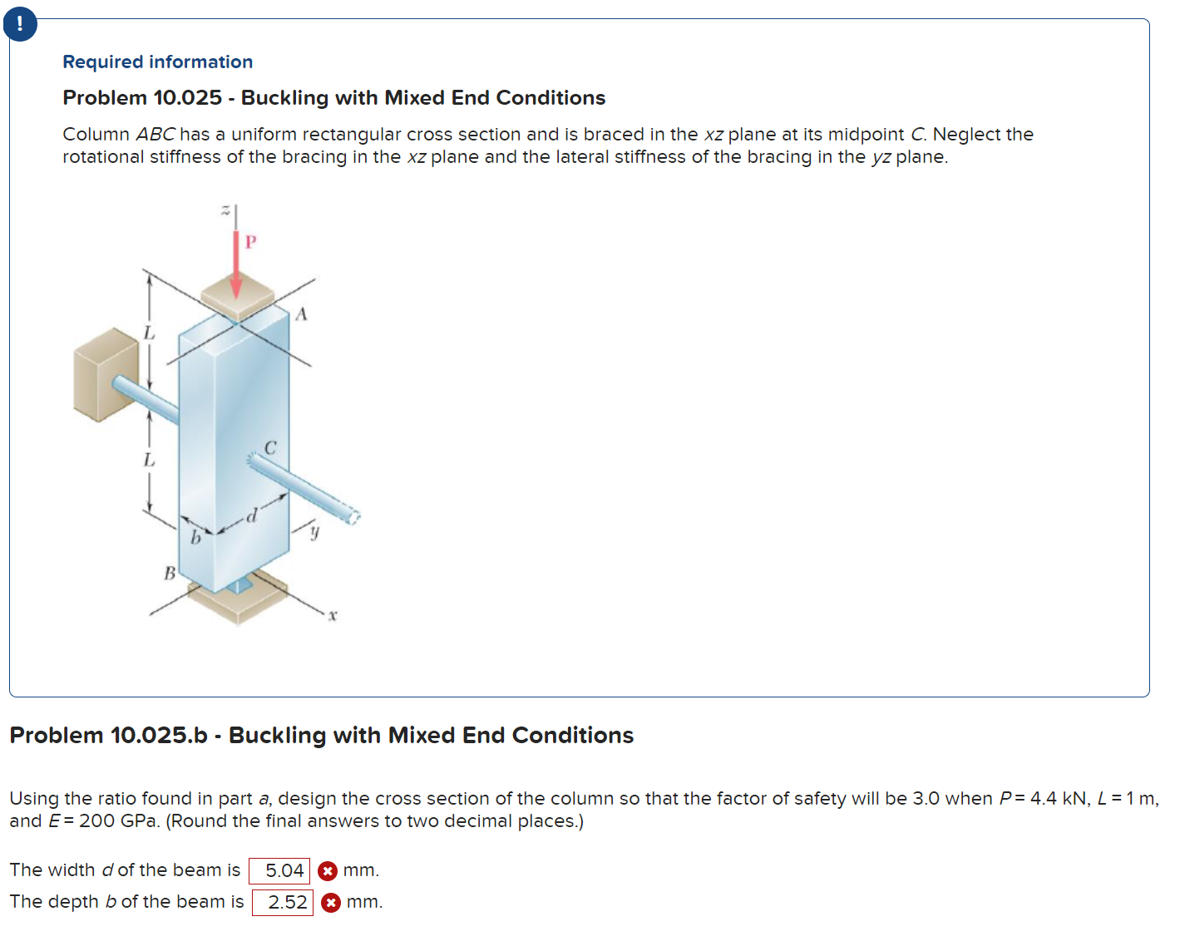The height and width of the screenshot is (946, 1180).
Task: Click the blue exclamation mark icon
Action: [20, 23]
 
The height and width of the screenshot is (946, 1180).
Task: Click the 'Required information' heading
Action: [157, 62]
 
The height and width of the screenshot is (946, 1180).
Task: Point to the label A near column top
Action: [301, 314]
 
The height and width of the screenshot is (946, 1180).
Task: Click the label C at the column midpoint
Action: [270, 448]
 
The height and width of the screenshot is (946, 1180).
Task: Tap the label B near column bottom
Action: [170, 573]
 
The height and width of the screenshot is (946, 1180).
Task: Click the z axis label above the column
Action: [225, 211]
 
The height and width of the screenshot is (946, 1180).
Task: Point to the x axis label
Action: [332, 616]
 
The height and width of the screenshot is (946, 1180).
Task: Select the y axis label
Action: [314, 531]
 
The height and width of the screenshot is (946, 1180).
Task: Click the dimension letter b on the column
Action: [195, 538]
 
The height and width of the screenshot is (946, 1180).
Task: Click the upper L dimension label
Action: [149, 333]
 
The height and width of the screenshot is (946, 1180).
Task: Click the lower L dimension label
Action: [149, 459]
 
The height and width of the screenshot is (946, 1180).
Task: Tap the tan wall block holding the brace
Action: [104, 372]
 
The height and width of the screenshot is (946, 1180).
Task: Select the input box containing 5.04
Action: [279, 870]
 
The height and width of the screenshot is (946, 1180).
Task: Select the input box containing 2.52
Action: [283, 902]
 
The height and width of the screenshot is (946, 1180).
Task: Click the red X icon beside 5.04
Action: [328, 870]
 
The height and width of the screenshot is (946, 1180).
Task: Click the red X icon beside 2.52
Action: [331, 902]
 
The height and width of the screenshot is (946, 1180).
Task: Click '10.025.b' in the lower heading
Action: [159, 736]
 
